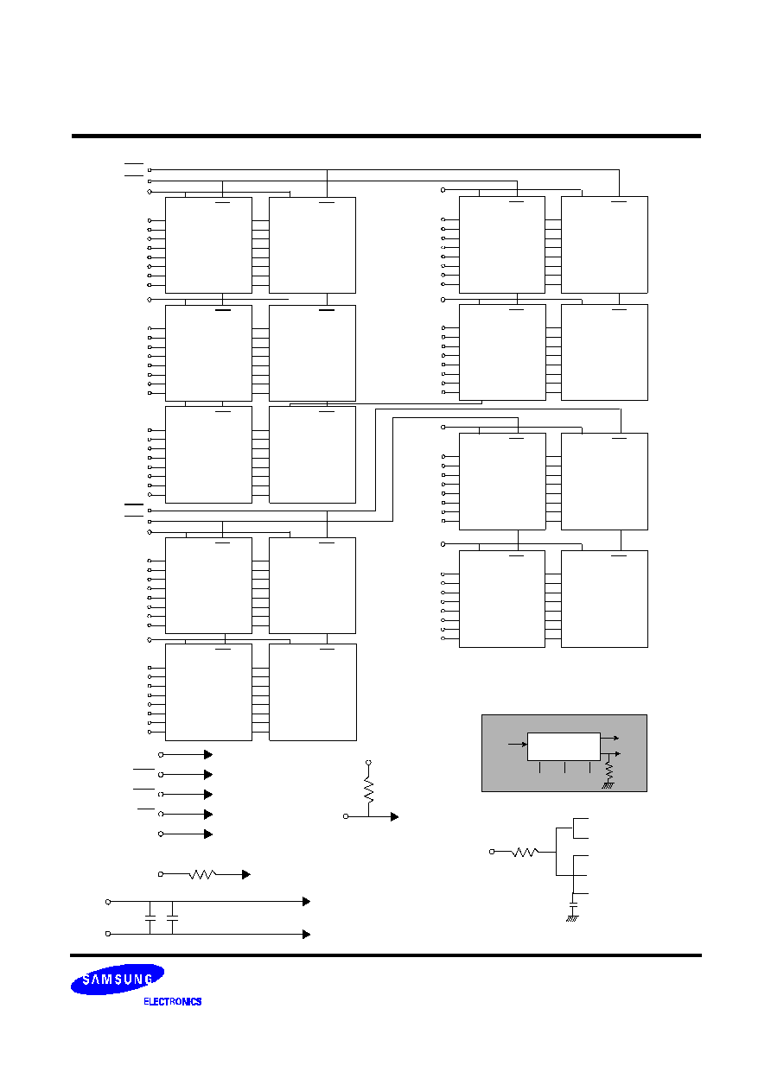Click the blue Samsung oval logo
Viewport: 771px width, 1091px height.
point(118,979)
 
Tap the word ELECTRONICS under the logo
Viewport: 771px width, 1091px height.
point(173,1001)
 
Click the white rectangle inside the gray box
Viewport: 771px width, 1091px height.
point(564,746)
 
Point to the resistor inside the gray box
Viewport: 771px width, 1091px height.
point(609,771)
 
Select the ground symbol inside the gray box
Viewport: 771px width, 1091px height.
point(608,785)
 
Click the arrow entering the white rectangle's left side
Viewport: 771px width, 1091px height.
point(518,745)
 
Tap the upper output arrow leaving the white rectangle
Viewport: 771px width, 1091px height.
point(609,738)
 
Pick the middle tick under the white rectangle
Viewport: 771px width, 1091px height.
point(564,767)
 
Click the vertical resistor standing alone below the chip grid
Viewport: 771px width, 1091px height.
point(368,791)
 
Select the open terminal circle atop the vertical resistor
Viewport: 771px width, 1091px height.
point(368,762)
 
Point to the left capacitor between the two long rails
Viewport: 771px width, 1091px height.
point(150,918)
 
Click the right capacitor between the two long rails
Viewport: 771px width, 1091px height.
point(173,918)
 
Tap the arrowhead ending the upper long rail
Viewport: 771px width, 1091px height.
point(306,902)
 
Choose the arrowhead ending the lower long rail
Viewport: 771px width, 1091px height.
point(306,934)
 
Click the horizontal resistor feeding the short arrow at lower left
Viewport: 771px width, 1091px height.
point(202,874)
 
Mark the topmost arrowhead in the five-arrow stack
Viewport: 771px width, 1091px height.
point(208,754)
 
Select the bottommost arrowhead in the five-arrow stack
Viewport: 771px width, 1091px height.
point(208,834)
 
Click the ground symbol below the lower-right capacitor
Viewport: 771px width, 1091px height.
point(572,918)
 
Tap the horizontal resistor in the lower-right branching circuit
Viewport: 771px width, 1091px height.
point(525,852)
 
